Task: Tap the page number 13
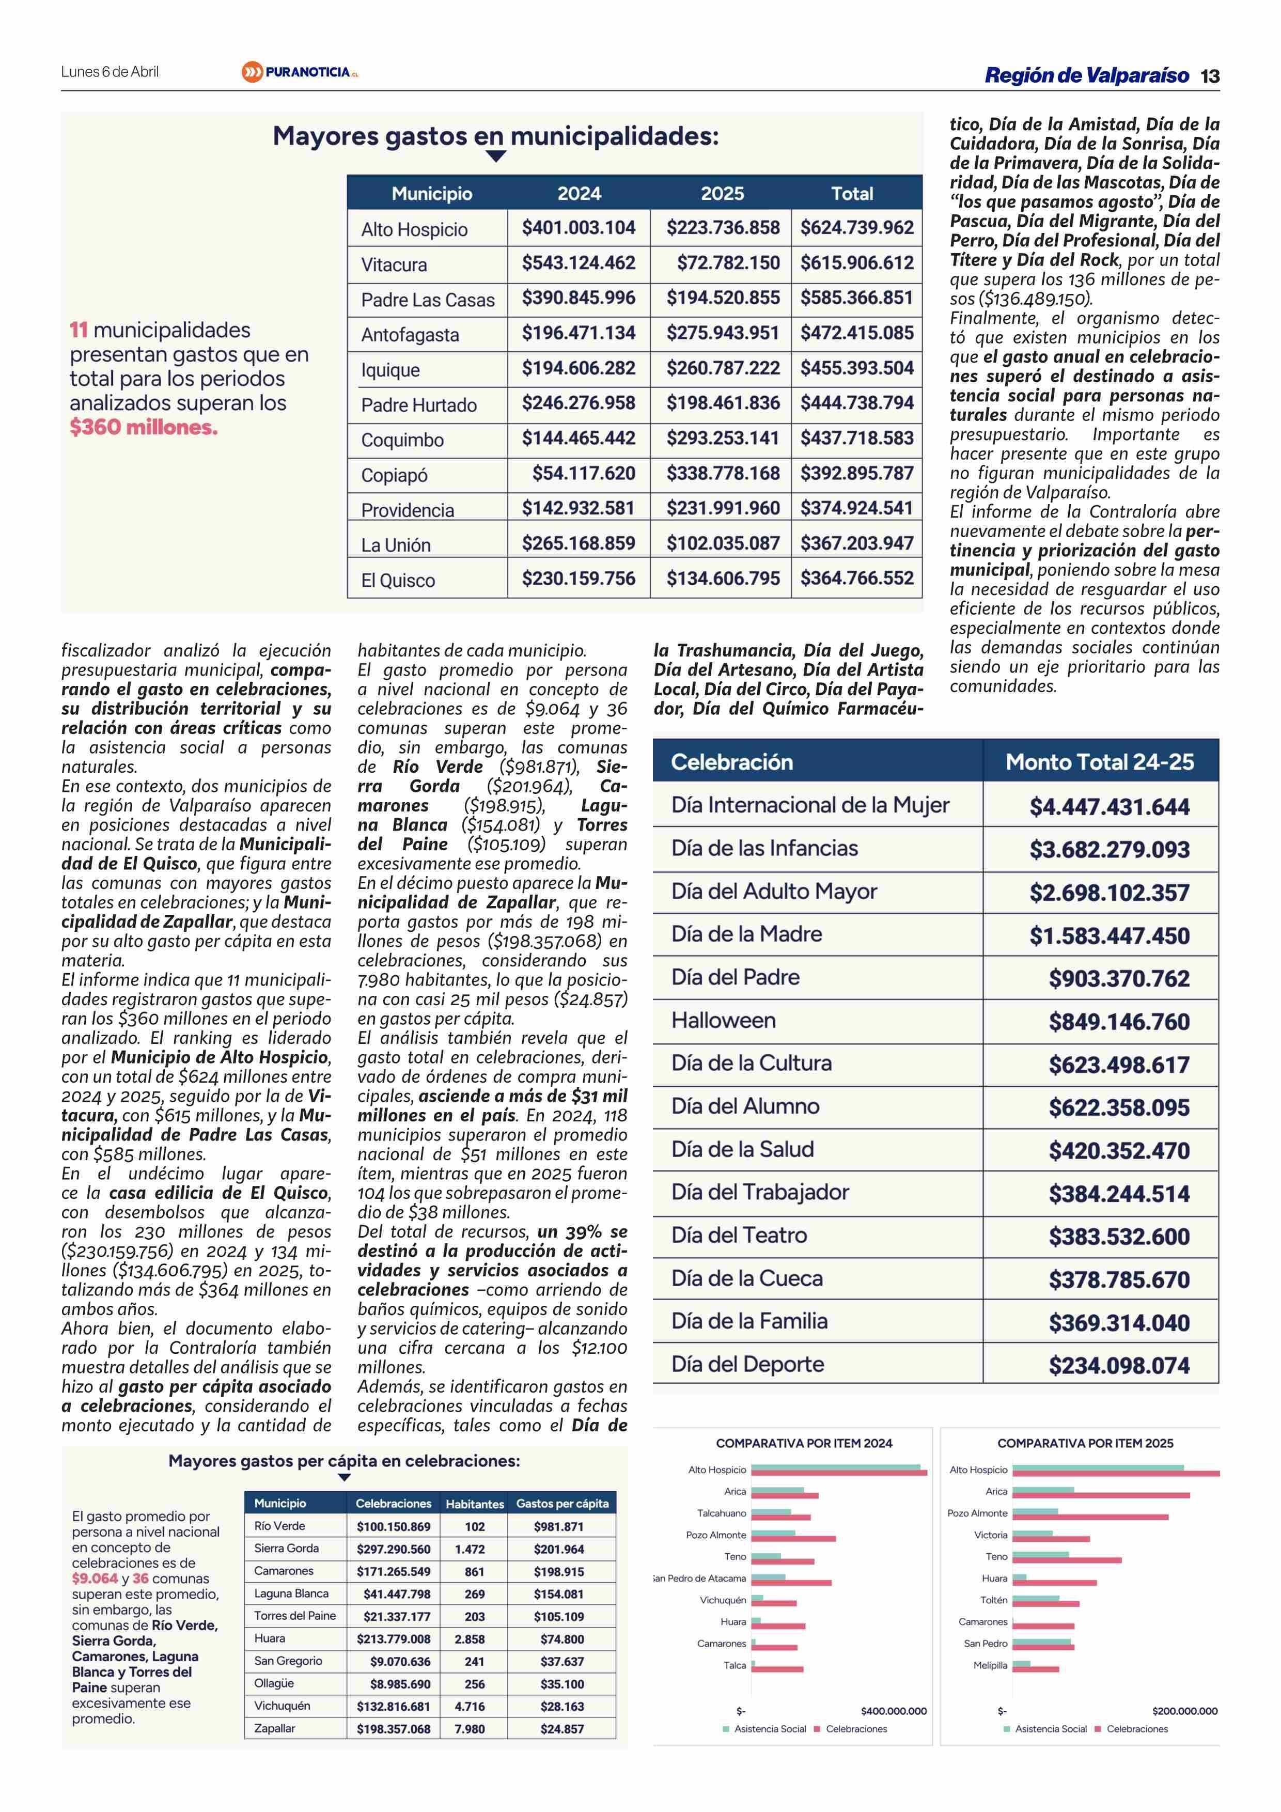point(1209,76)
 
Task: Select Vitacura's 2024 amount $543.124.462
point(578,263)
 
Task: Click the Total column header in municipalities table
point(852,193)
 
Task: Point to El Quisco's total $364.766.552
point(856,579)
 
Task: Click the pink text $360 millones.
point(143,428)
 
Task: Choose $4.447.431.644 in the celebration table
point(1109,806)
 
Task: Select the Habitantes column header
point(474,1504)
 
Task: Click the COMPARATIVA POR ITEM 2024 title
point(804,1443)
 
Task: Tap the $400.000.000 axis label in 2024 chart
point(894,1711)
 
